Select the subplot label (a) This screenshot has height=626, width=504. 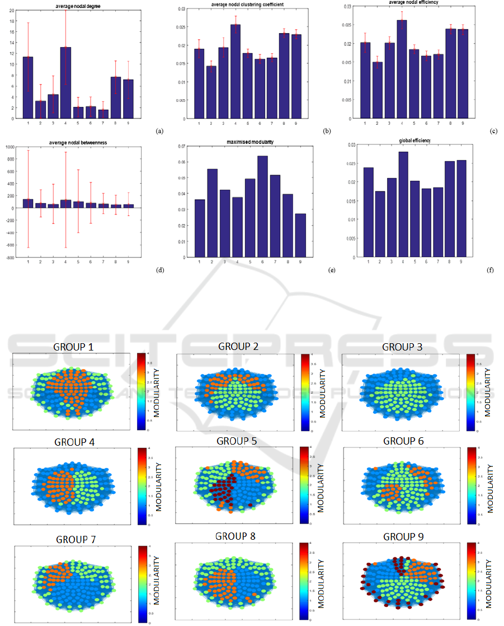pyautogui.click(x=160, y=131)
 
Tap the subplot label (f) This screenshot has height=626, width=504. pyautogui.click(x=491, y=270)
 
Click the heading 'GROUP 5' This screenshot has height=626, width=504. pyautogui.click(x=237, y=441)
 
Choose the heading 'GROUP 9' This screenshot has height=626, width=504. pyautogui.click(x=403, y=536)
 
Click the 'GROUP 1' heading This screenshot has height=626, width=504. pyautogui.click(x=73, y=347)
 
